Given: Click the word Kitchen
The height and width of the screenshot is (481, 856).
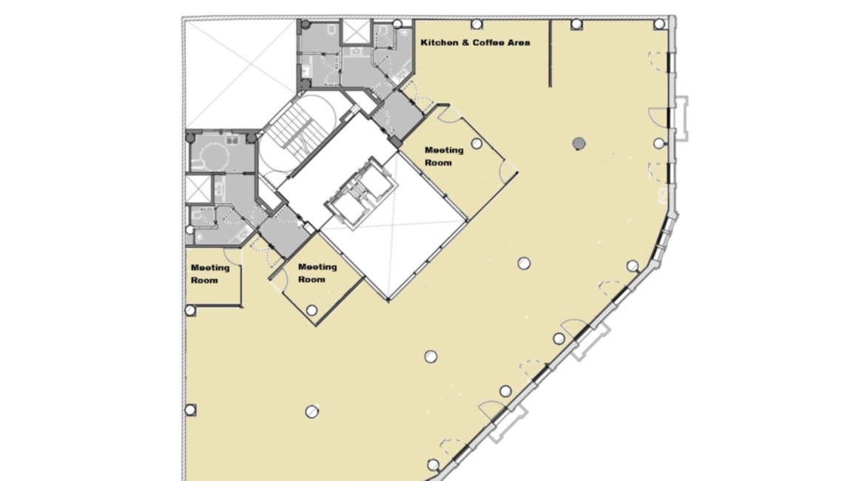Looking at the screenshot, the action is click(439, 43).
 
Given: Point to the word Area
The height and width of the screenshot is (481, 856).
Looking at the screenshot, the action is click(519, 43).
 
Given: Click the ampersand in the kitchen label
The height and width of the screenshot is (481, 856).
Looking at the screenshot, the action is click(465, 43).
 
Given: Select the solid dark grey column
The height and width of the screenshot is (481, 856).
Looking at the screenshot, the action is click(579, 144).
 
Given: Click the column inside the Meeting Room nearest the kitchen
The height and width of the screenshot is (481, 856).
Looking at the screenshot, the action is click(476, 144).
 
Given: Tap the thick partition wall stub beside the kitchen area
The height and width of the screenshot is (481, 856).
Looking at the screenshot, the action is click(550, 53).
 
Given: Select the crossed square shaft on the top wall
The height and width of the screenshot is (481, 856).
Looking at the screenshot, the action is click(357, 31).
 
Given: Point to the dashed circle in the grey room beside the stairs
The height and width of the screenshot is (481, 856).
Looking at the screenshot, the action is click(213, 157).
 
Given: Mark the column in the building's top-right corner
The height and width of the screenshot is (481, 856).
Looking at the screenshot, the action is click(659, 24).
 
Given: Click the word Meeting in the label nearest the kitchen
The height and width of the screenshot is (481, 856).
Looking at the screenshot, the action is click(444, 150).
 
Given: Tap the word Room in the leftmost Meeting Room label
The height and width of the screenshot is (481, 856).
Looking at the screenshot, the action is click(204, 280).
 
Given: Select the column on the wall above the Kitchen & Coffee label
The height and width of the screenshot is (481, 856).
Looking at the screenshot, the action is click(476, 24).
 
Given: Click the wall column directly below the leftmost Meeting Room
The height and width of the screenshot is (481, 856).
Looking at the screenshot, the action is click(190, 311).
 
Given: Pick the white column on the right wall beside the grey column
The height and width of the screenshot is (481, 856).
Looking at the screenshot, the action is click(659, 144).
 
